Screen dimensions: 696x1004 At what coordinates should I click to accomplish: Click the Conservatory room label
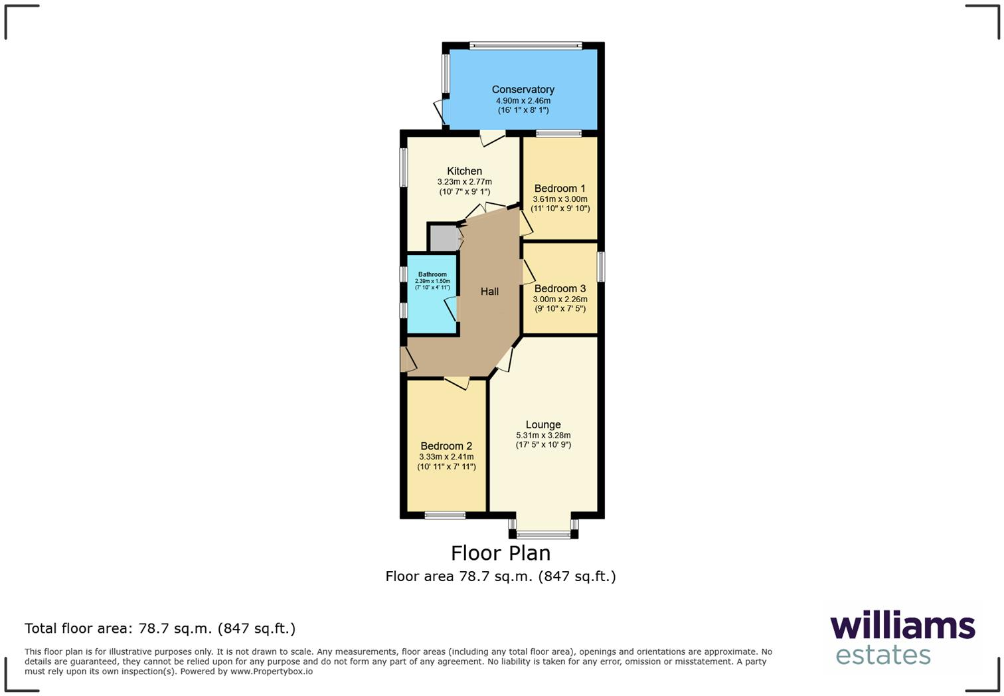(523, 90)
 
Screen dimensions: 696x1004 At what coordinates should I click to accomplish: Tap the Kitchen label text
(464, 171)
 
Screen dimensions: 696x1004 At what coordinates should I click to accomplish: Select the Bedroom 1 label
(560, 189)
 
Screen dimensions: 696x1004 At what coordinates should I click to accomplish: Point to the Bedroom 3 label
(560, 289)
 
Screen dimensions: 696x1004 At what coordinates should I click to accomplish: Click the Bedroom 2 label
(446, 446)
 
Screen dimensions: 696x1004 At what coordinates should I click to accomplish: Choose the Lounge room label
(543, 425)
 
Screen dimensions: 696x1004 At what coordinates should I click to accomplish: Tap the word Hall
(489, 292)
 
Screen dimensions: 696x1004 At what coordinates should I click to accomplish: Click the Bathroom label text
(432, 274)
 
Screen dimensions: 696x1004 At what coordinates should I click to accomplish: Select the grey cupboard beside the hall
(444, 238)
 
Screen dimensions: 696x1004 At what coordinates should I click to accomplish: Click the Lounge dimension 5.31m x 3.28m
(543, 436)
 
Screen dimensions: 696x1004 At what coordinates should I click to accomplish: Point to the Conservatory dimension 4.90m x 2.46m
(523, 101)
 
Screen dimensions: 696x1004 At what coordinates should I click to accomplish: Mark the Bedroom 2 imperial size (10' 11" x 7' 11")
(446, 467)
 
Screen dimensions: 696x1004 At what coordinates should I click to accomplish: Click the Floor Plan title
(501, 553)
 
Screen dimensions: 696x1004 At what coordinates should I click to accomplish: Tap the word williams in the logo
(902, 626)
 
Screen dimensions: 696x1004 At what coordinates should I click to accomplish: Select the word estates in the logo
(882, 655)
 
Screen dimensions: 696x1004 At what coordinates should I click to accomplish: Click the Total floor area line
(160, 628)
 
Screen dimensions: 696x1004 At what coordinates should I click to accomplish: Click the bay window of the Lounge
(543, 533)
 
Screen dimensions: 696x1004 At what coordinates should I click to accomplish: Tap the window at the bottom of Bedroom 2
(445, 515)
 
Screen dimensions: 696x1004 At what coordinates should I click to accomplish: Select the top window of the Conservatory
(525, 46)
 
